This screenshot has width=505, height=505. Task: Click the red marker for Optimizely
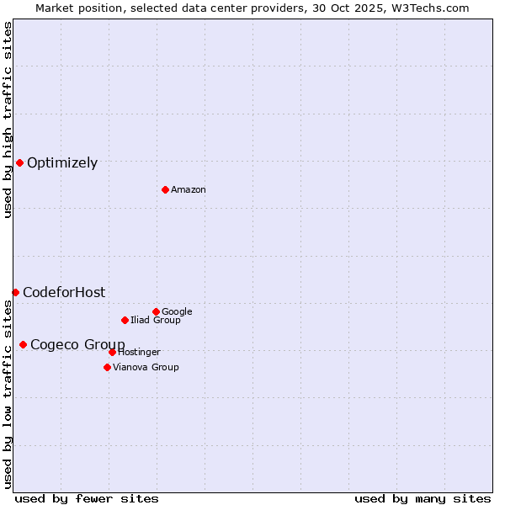tap(19, 162)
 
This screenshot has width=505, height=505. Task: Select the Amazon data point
tap(165, 189)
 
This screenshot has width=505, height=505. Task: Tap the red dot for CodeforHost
tap(15, 292)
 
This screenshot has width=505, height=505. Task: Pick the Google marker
tap(156, 311)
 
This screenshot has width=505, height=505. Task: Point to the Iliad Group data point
tap(125, 320)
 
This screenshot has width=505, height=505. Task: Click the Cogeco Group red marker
tap(23, 344)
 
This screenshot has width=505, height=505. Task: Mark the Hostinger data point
tap(112, 352)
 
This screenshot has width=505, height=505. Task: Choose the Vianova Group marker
tap(107, 367)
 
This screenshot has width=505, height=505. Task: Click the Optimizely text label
tap(62, 163)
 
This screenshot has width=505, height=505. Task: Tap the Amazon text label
tap(189, 190)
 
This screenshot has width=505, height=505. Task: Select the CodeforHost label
tap(64, 293)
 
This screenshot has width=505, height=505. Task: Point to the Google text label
tap(177, 312)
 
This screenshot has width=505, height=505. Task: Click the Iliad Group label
tap(156, 321)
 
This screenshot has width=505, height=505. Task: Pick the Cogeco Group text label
tap(77, 345)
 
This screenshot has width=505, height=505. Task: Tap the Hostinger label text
tap(139, 353)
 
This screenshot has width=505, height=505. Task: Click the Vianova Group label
tap(146, 368)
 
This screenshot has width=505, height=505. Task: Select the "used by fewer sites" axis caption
tap(87, 499)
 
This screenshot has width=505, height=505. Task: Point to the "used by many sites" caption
tap(423, 499)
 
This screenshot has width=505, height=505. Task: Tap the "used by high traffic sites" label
tap(8, 120)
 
